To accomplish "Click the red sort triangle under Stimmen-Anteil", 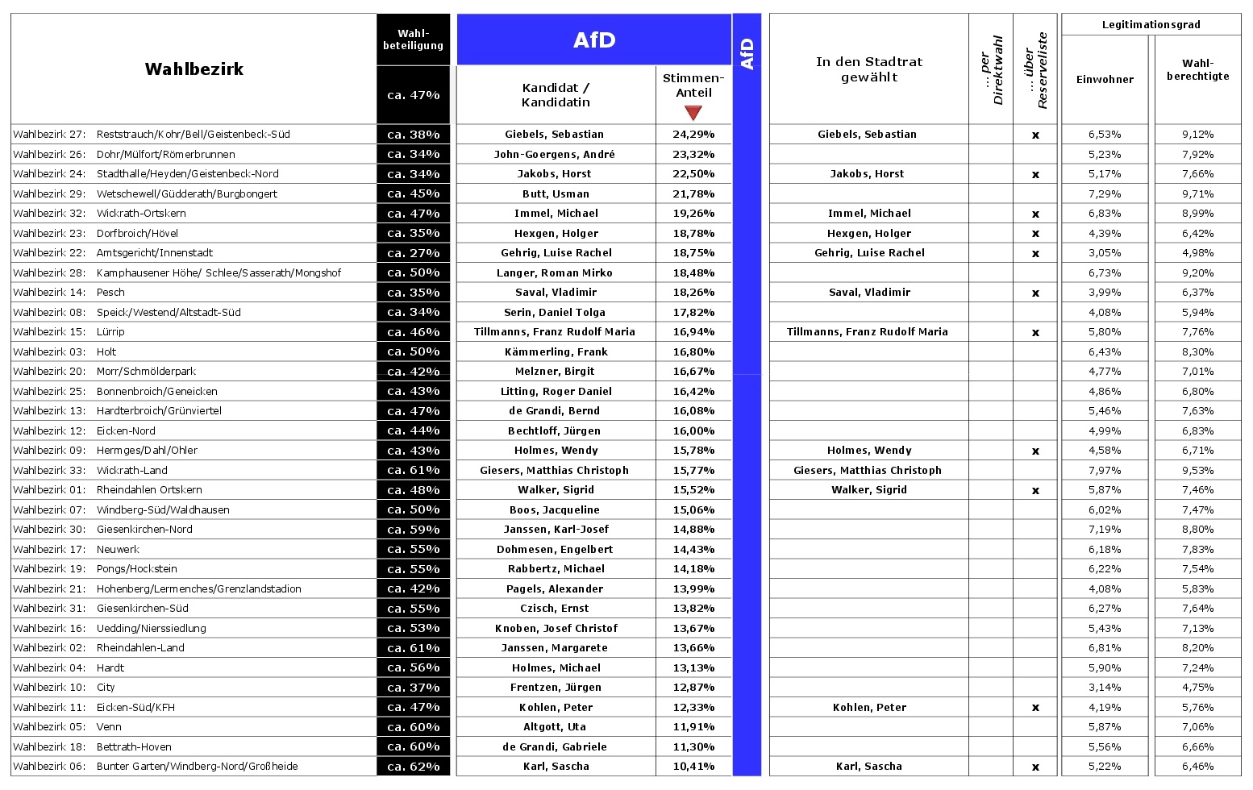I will (693, 113).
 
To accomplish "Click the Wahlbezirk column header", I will (194, 69).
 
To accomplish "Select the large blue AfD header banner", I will (594, 39).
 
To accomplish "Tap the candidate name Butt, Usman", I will (556, 194).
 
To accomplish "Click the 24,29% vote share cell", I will (693, 135).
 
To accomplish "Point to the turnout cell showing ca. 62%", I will (414, 767).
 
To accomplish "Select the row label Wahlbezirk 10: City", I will (65, 688).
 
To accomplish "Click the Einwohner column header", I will (1105, 79).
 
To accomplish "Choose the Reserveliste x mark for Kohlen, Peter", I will (1035, 708).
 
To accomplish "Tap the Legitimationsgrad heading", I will (1151, 24).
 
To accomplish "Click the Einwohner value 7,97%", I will (1105, 471).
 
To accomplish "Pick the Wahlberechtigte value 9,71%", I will (1197, 194).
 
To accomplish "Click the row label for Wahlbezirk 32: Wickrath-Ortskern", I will (100, 214).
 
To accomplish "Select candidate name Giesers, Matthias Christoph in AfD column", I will (554, 471).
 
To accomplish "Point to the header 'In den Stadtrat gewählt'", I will (868, 69).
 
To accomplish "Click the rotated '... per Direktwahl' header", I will (991, 69).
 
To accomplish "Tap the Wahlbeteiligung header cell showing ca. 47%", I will (414, 95).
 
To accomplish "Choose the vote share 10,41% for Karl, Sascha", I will (693, 767).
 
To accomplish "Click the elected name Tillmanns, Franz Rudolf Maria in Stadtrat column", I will (867, 332).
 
